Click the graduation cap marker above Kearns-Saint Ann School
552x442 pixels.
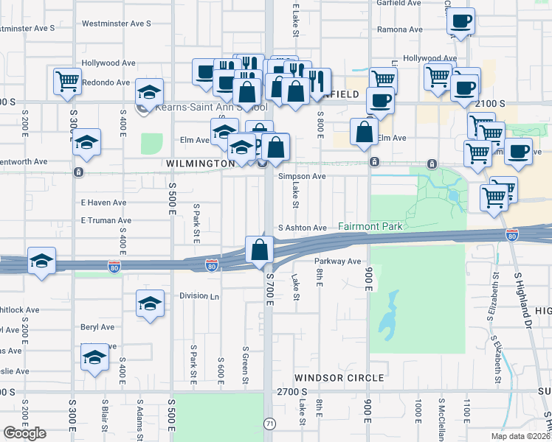pyautogui.click(x=149, y=92)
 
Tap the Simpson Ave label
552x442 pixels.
pyautogui.click(x=302, y=177)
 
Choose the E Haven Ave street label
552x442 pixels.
pyautogui.click(x=103, y=203)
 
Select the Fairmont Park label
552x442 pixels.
pyautogui.click(x=370, y=227)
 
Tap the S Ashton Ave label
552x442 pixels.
pyautogui.click(x=302, y=228)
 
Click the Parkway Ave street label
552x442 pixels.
pyautogui.click(x=337, y=262)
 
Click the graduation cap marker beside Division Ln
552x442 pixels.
pyautogui.click(x=150, y=304)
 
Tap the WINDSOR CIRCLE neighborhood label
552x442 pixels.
pyautogui.click(x=339, y=378)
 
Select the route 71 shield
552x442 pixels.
pyautogui.click(x=269, y=423)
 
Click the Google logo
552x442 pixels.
pyautogui.click(x=24, y=433)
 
